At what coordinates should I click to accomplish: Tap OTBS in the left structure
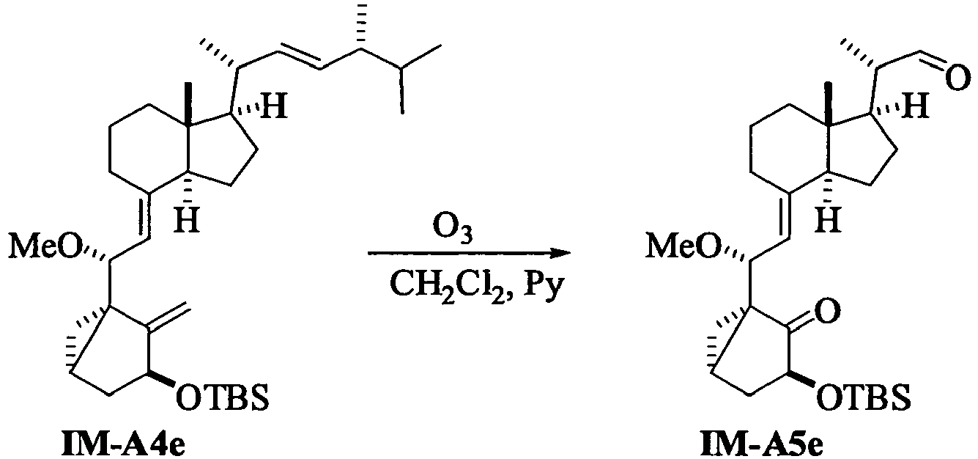[222, 397]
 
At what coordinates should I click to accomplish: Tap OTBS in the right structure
[864, 397]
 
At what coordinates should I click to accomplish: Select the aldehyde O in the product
[957, 78]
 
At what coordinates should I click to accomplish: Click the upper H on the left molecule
[274, 106]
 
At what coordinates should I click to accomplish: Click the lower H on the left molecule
[187, 221]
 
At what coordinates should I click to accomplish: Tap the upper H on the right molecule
[915, 106]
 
